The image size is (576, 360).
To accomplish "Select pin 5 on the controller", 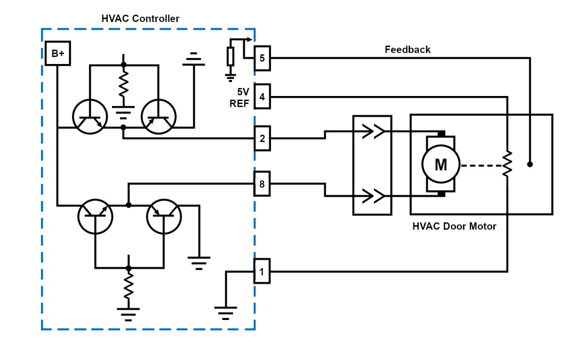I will pos(262,58).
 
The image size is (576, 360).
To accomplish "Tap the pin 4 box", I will pos(262,97).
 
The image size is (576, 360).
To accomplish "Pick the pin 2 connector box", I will pos(262,139).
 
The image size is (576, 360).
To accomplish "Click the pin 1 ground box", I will pos(262,271).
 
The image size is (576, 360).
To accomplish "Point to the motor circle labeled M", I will pos(441,165).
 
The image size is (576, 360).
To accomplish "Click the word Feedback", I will pos(407,50).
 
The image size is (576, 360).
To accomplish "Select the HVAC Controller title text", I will pos(140,19).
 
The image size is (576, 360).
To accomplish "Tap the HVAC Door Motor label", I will pos(454,226).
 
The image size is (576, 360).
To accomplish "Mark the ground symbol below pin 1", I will pos(226,311).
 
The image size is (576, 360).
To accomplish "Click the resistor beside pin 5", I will pos(230,56).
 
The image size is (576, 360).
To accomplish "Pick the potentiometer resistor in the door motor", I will pos(508,164).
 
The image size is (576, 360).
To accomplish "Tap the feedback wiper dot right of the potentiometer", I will pos(530,164).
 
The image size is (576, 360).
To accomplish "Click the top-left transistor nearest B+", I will pos(90,117).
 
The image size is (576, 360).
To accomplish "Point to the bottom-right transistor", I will pos(164,216).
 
